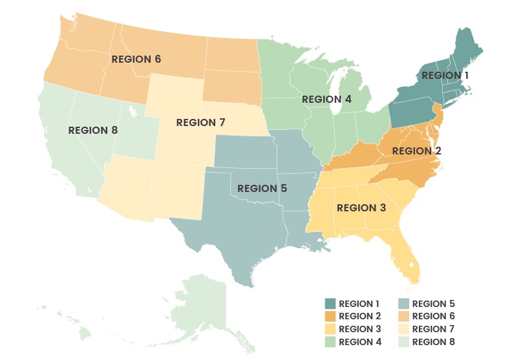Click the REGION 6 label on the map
coord(136,59)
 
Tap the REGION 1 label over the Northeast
coord(445,75)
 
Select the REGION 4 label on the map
coord(326,100)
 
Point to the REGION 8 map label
coord(93,130)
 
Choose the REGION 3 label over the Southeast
coord(361,208)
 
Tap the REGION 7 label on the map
coord(200,122)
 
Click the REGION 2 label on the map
coord(416,151)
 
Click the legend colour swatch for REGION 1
coord(330,304)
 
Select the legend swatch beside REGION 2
coord(330,316)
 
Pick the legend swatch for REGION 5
coord(403,304)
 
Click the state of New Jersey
coord(438,116)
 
